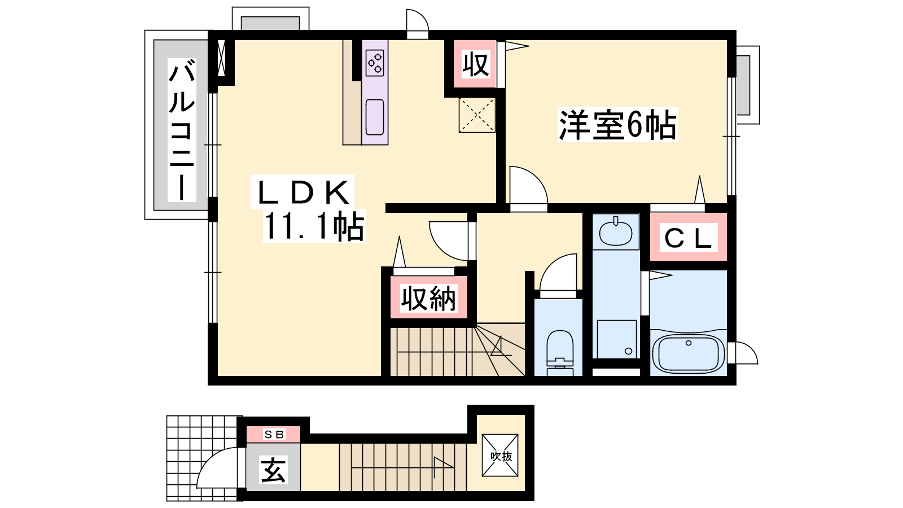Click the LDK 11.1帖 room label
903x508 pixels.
[308, 209]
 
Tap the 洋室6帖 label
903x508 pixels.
[617, 125]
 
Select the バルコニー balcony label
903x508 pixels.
[182, 130]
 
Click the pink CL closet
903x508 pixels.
[689, 238]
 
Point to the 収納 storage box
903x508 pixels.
[428, 298]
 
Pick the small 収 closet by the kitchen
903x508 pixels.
[475, 64]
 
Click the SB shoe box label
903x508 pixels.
[274, 434]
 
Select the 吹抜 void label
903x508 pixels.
[501, 456]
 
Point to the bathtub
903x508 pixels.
[688, 353]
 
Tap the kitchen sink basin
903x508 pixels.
[375, 117]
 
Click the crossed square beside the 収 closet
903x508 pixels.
[477, 115]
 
